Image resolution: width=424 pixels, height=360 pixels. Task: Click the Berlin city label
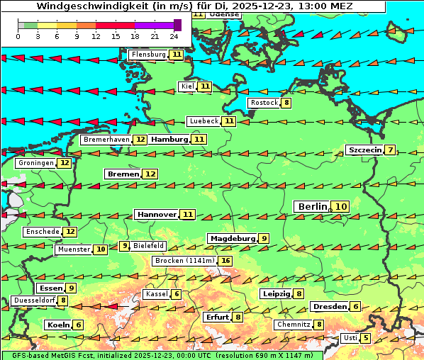tap(312, 206)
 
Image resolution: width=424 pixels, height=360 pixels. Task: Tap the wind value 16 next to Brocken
tap(225, 261)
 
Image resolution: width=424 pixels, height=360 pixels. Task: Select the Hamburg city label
tap(169, 140)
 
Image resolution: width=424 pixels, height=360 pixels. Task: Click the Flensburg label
tap(148, 54)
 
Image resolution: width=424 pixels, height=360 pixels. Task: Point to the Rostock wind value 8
tap(286, 103)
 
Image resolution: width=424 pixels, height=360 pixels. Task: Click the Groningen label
tap(36, 163)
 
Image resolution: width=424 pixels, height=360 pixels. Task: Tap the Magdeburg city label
tap(232, 239)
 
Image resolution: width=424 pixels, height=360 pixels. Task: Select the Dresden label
tap(329, 307)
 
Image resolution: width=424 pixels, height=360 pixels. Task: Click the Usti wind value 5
tap(365, 338)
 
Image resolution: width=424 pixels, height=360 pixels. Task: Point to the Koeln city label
tap(57, 325)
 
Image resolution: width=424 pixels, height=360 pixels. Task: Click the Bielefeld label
tap(148, 246)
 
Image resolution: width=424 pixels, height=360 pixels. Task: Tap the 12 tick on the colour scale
tap(96, 35)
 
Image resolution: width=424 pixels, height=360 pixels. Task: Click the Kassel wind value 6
tap(176, 294)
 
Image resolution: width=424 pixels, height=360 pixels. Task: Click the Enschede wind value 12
tap(69, 232)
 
